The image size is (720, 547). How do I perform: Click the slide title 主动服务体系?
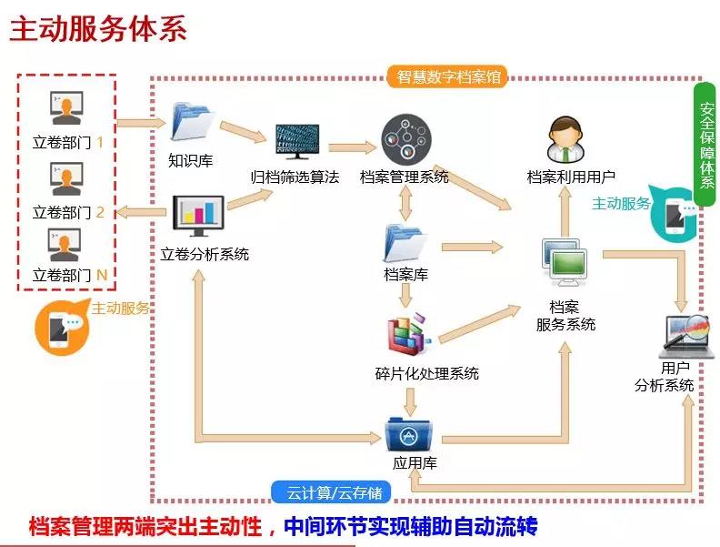(98, 28)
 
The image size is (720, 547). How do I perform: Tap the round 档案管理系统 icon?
(405, 140)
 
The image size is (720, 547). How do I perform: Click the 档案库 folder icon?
(405, 241)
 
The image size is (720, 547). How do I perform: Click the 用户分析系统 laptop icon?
(688, 336)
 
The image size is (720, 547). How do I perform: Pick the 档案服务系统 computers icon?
(565, 263)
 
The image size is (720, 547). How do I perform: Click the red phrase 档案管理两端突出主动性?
(145, 526)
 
